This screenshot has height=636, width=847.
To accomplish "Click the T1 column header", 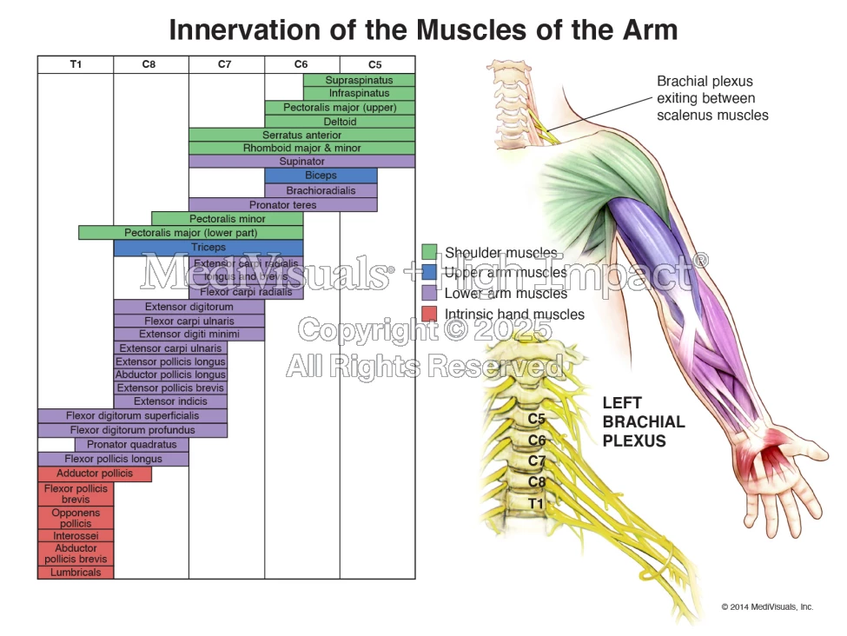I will (76, 64).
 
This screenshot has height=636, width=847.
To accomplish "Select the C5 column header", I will (374, 64).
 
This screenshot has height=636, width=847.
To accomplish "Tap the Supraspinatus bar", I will (359, 80).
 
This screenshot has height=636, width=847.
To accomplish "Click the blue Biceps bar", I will (321, 176).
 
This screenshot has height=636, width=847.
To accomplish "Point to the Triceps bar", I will (208, 248).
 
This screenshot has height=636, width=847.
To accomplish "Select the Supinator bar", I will (301, 162).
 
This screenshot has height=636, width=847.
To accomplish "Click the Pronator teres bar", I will (283, 205).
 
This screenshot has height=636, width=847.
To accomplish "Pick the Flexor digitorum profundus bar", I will (132, 430).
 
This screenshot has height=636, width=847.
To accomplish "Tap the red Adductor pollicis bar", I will (95, 474).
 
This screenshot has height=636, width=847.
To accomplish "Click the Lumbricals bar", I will (76, 573).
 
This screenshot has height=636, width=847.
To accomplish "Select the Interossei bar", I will (76, 537).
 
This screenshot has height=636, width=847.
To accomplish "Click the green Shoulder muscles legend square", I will (429, 252).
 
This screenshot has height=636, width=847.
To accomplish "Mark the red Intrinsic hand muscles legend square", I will (429, 314).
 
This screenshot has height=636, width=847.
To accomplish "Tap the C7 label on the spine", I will (537, 460).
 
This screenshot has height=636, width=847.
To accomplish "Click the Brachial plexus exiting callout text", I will (711, 98).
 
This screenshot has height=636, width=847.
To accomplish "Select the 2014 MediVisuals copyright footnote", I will (766, 607).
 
